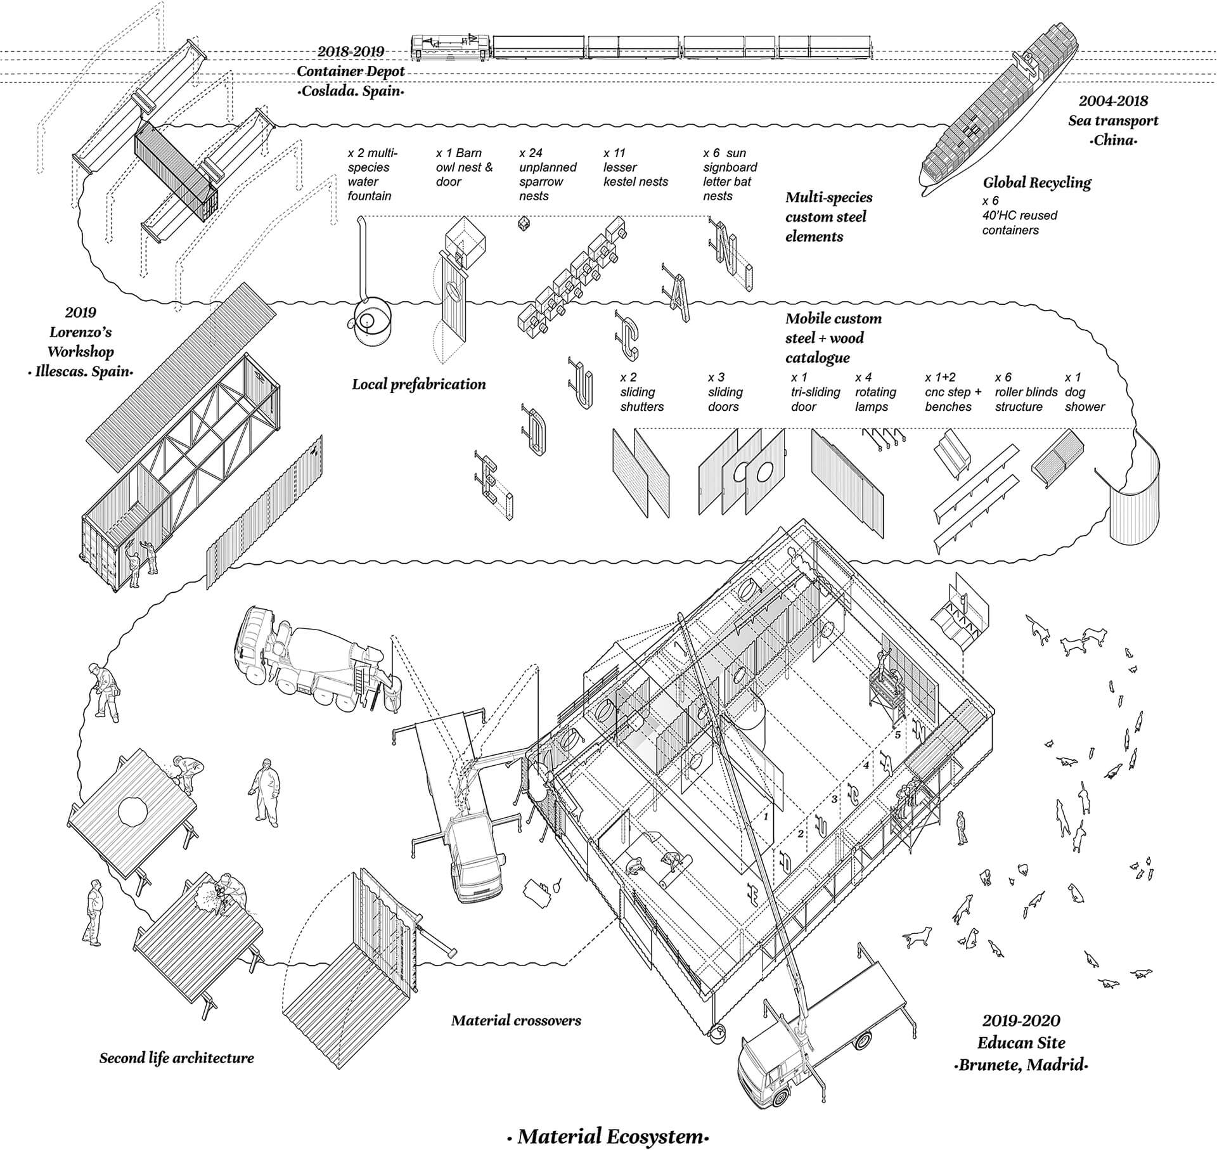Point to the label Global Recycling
click(x=1036, y=183)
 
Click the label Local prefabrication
click(x=419, y=384)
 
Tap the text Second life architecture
click(x=176, y=1057)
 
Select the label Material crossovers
click(x=516, y=1020)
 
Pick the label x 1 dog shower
click(x=1084, y=392)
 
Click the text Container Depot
click(x=351, y=71)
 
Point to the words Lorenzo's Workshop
click(x=80, y=342)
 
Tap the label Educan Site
click(x=1021, y=1043)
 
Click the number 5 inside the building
click(x=898, y=735)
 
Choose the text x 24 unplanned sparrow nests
click(x=548, y=174)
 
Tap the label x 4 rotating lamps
click(x=875, y=392)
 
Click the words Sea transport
click(x=1113, y=120)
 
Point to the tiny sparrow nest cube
click(x=524, y=223)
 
